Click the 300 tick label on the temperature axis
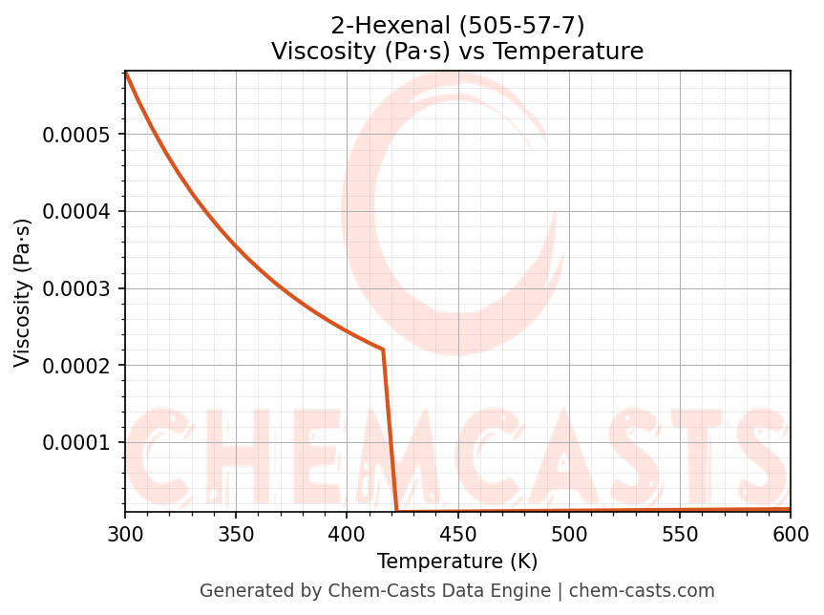pos(125,535)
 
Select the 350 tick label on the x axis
pos(236,535)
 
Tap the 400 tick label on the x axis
pos(347,535)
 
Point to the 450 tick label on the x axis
pos(457,535)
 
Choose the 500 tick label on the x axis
pos(568,535)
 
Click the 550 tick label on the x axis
pos(680,535)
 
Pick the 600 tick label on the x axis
pos(791,535)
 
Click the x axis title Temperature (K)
pos(457,562)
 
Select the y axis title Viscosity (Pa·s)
pos(23,292)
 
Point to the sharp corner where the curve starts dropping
pos(383,350)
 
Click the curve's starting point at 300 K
pos(126,73)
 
